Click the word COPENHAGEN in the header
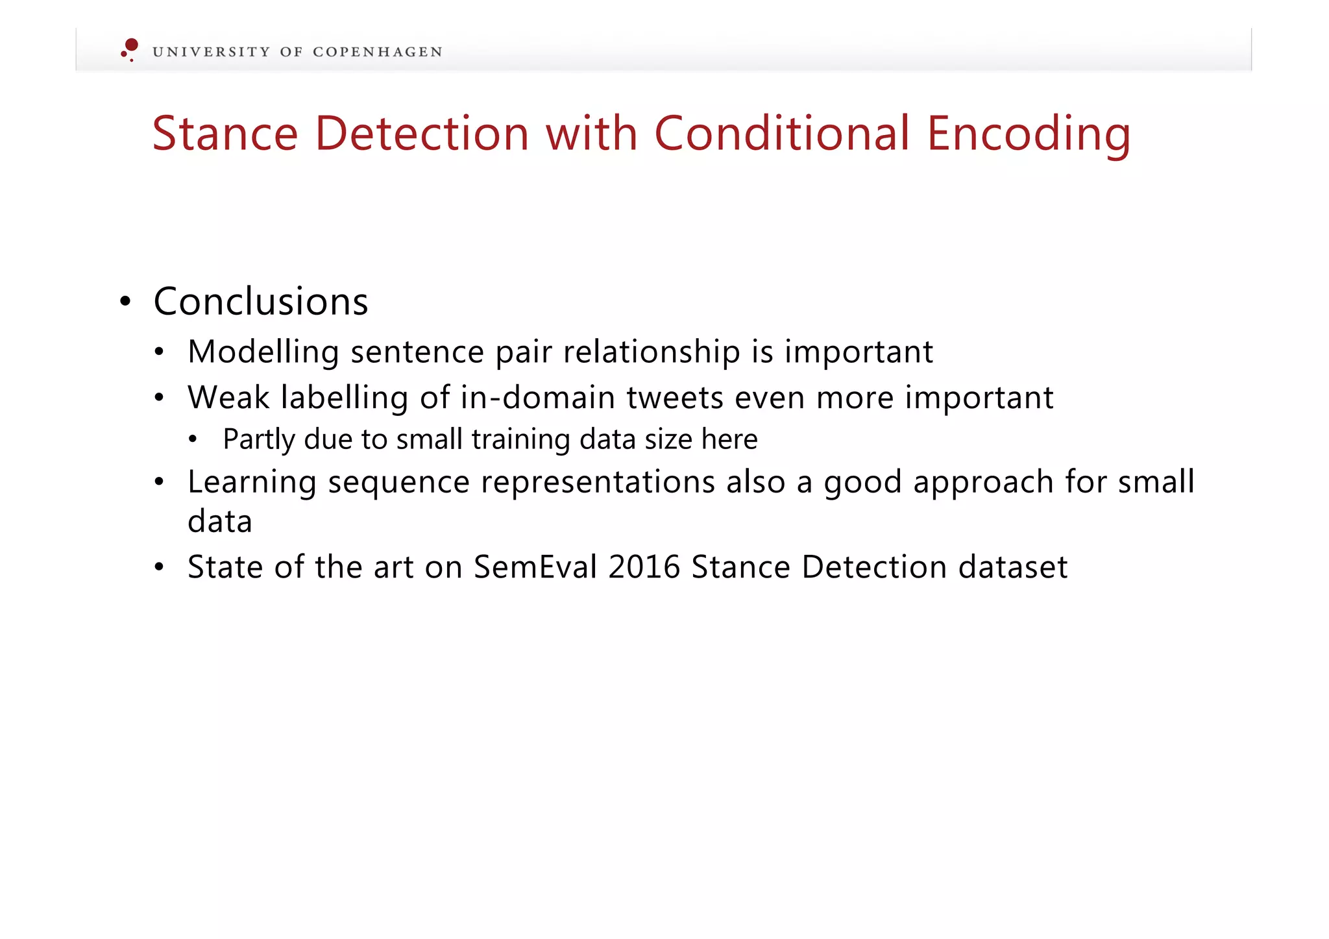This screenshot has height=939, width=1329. (x=377, y=53)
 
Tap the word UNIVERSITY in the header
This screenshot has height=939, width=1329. (x=211, y=53)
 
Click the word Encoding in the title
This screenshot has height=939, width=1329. (x=1028, y=134)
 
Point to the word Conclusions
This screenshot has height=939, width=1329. (x=261, y=302)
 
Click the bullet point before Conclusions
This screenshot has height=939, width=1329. (x=126, y=302)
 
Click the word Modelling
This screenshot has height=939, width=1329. (x=263, y=352)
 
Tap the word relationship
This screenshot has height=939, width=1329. (x=651, y=352)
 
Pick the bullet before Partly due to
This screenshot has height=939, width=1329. (x=193, y=440)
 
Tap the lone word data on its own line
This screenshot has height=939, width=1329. (x=219, y=522)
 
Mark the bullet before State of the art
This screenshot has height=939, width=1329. (x=159, y=567)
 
